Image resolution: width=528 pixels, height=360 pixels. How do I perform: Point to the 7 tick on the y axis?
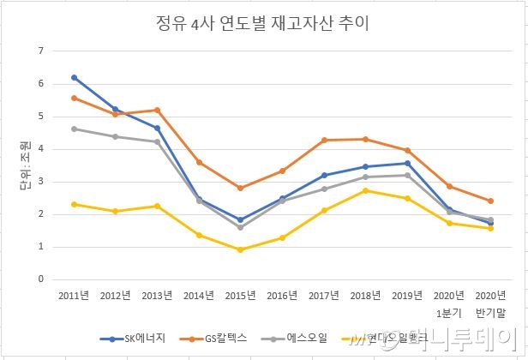tap(40, 51)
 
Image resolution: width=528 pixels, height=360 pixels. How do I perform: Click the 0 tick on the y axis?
tap(40, 279)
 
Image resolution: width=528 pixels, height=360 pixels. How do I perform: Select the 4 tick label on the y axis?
tap(40, 149)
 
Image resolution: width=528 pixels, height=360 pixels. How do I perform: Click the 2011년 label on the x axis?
tap(75, 296)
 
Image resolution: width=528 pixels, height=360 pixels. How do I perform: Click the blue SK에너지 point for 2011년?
tap(75, 77)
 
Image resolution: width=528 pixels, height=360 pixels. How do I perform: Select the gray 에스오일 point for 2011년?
tap(75, 129)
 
